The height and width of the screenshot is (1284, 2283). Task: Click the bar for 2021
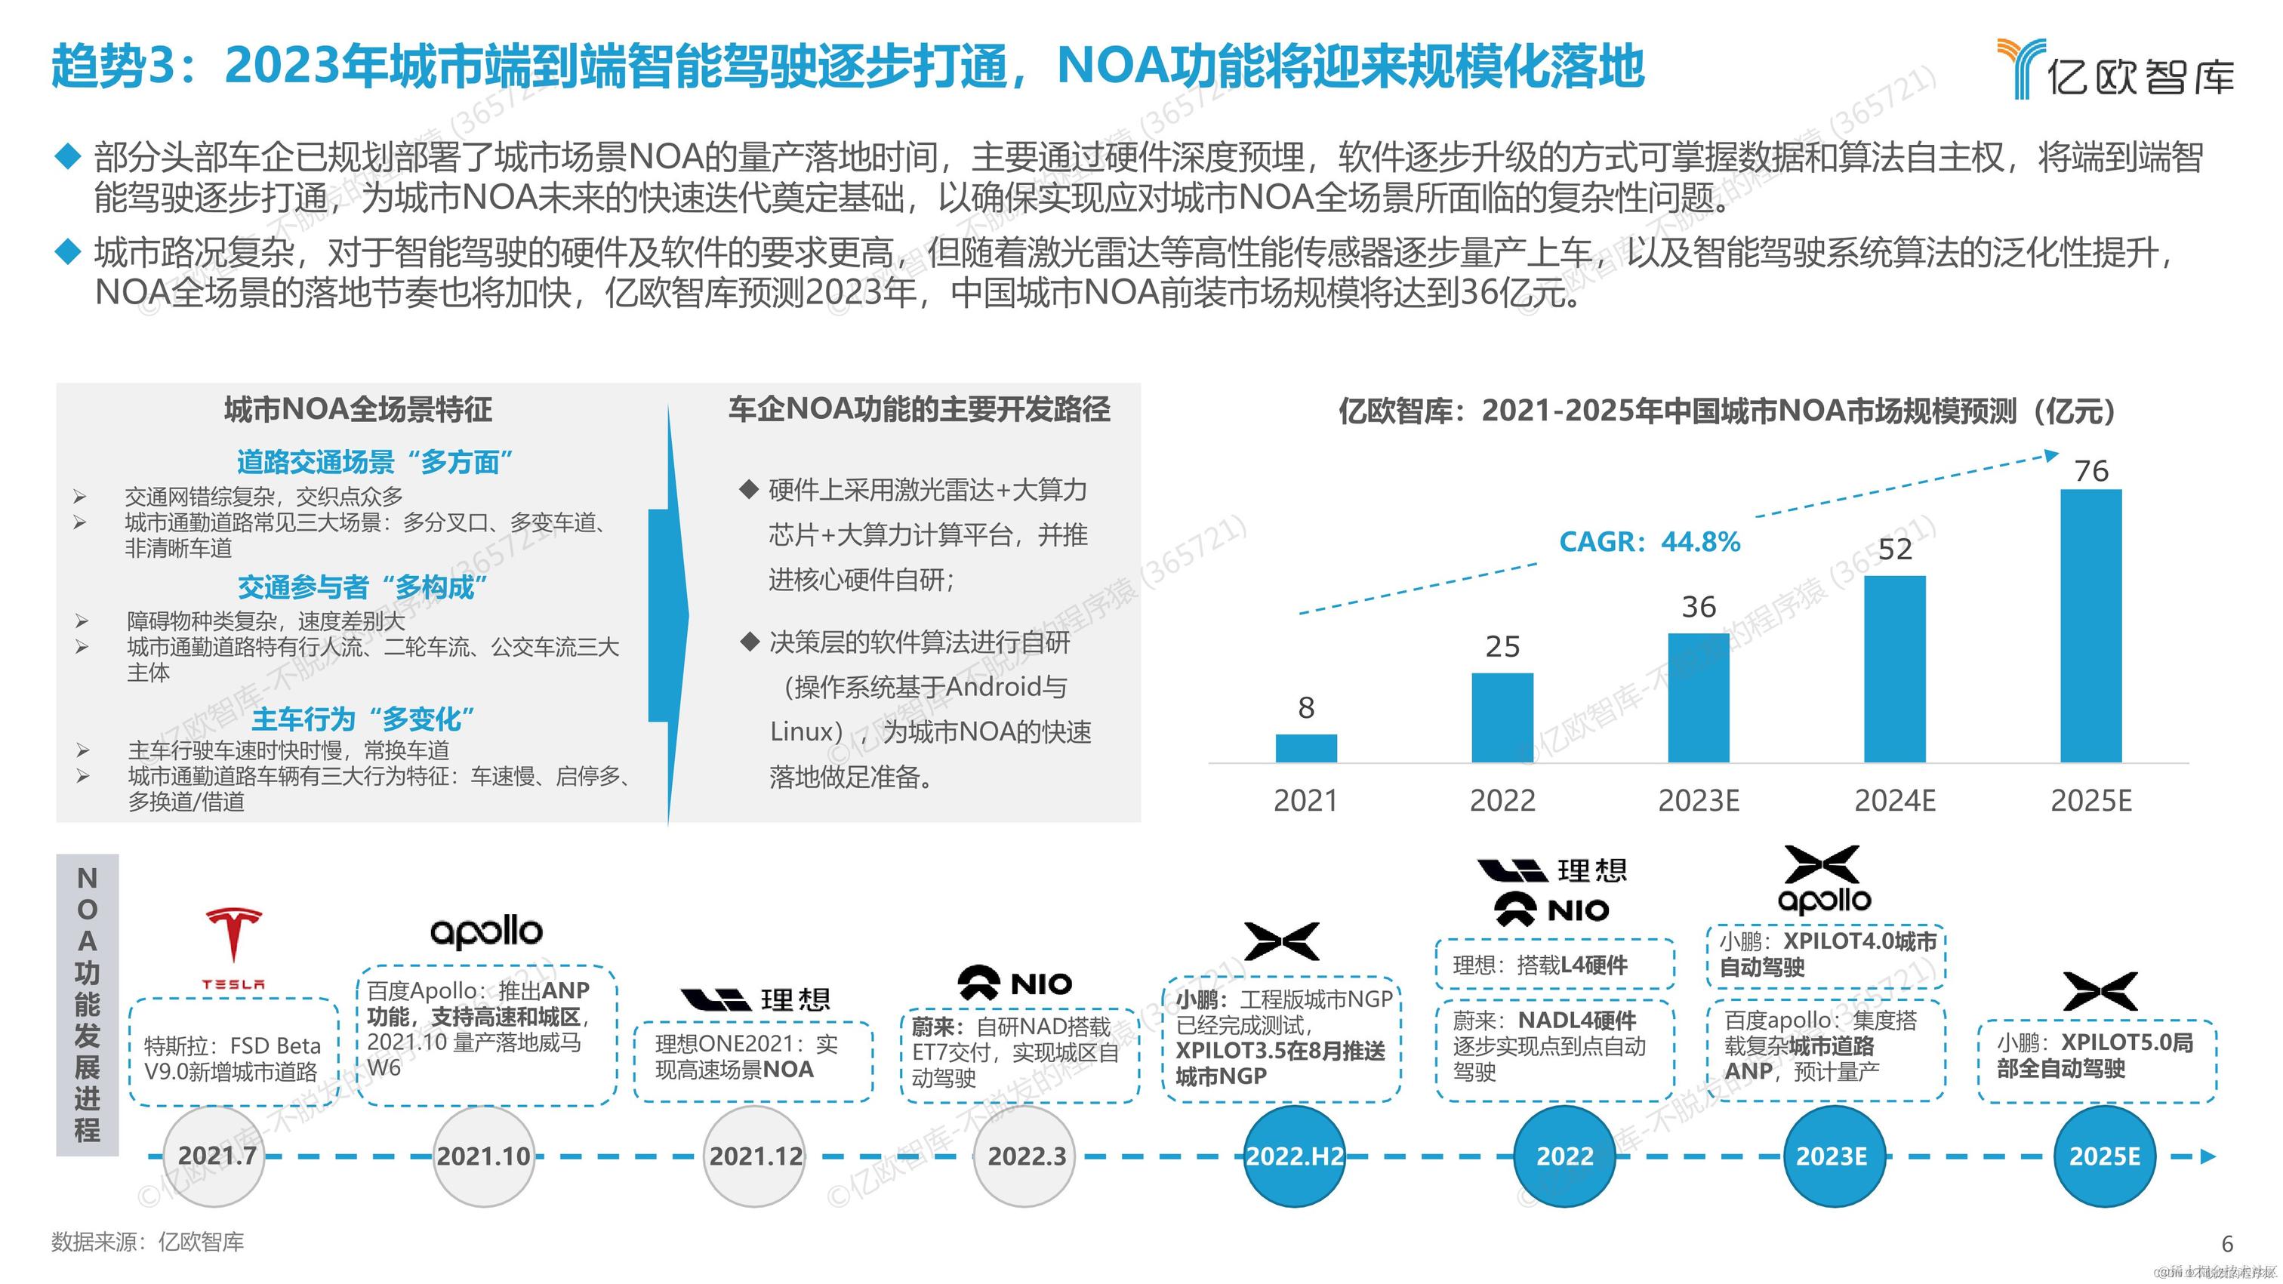pos(1305,748)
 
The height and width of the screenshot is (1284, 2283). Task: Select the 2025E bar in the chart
pos(2090,626)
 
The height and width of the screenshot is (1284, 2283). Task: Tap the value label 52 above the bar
pos(1895,550)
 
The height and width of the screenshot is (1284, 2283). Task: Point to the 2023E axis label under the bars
pos(1698,801)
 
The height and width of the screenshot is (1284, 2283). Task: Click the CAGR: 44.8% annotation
pos(1650,541)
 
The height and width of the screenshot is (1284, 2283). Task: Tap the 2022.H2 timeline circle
pos(1295,1156)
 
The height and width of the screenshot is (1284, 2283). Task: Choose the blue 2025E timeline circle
pos(2104,1156)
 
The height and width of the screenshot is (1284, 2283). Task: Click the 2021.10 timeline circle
pos(484,1156)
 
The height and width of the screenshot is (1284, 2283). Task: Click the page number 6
pos(2227,1243)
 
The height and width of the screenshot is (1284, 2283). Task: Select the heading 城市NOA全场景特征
pos(358,409)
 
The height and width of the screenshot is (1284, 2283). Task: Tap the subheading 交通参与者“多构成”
pos(362,587)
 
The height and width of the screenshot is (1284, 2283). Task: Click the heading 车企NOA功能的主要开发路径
pos(919,409)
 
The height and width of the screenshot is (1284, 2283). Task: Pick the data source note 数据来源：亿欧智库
pos(148,1242)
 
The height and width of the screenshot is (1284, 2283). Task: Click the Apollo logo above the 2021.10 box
pos(485,931)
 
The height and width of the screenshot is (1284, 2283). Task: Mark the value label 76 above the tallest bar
pos(2091,470)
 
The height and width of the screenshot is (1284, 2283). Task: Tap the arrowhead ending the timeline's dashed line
pos(2208,1156)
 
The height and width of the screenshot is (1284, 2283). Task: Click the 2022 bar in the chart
pos(1502,717)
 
